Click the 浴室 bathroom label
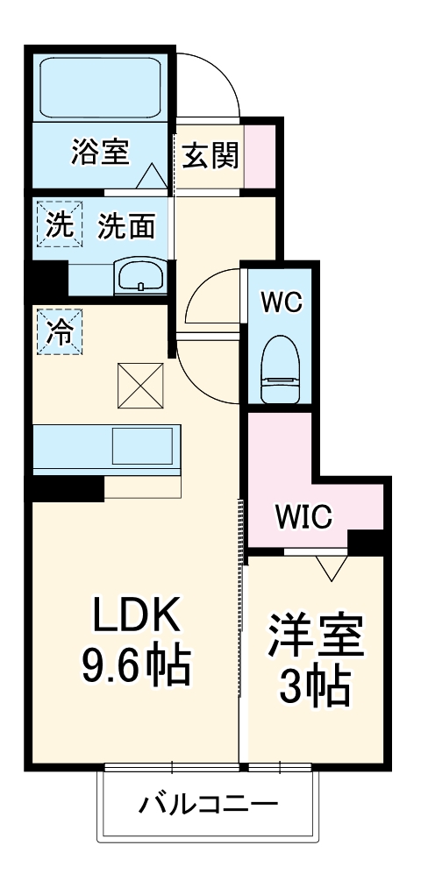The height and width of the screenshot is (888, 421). pos(100,153)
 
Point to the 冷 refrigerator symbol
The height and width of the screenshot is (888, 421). pos(59,331)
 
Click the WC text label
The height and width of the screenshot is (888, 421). pos(281,302)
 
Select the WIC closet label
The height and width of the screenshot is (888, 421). pos(303,517)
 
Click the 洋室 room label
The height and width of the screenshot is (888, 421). pos(316,637)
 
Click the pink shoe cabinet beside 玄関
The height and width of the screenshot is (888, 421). pos(258,157)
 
